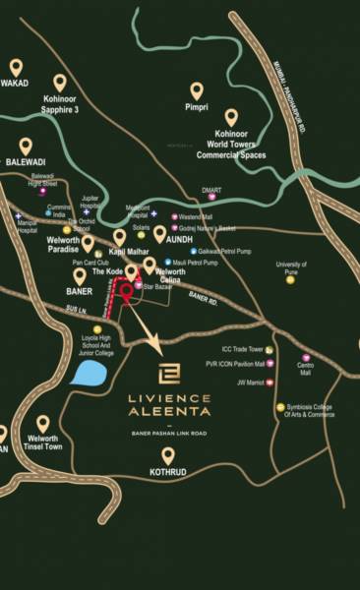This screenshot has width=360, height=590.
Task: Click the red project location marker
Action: click(125, 293)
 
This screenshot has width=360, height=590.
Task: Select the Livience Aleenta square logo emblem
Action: click(170, 373)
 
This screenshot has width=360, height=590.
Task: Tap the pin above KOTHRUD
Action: click(168, 455)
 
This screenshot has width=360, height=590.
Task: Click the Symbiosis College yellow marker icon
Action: click(278, 405)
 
